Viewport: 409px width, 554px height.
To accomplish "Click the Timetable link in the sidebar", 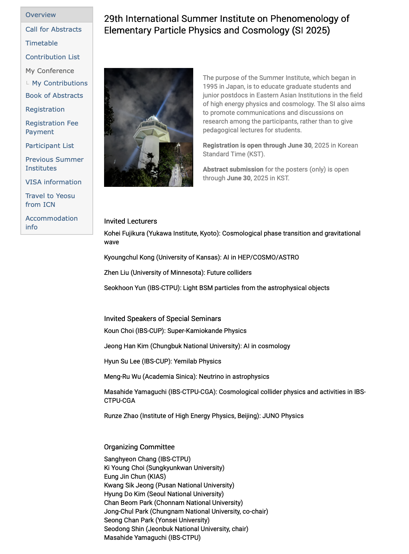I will pos(41,43).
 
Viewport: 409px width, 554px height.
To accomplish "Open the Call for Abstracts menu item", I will pos(53,29).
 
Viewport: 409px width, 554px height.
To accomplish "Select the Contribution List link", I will pos(52,57).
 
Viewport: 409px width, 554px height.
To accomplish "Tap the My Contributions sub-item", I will pos(60,83).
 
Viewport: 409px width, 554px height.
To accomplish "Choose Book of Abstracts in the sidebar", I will pos(54,96).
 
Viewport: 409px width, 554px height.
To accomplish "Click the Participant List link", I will pos(49,146).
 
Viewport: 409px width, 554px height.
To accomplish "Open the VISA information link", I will pos(53,182).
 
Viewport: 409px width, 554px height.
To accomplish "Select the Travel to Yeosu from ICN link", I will pos(50,200).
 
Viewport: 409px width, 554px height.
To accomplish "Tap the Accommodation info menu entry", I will pos(51,222).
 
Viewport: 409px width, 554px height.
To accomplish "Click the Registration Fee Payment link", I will pos(52,128).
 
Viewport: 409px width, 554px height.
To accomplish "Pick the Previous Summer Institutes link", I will pos(54,164).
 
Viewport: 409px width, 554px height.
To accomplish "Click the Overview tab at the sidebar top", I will pos(41,15).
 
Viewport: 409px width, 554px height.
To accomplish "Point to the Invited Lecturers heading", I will pos(130,221).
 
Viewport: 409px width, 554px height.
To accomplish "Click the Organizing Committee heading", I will pos(139,447).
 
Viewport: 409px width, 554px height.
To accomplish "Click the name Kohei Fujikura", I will pos(124,233).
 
